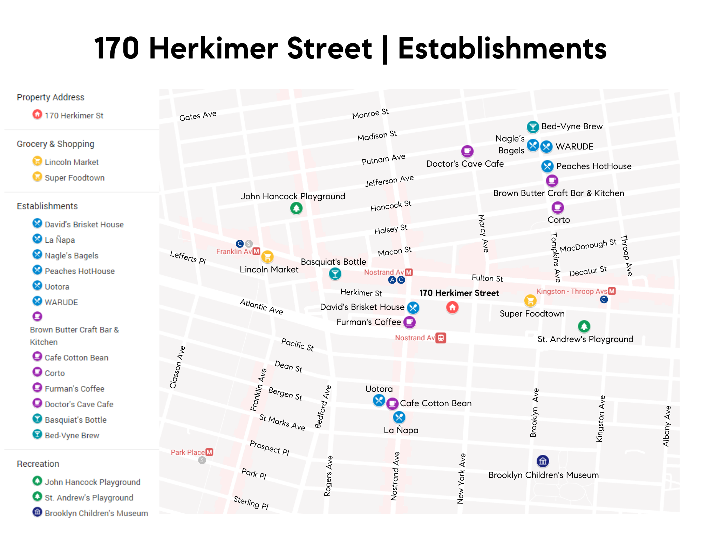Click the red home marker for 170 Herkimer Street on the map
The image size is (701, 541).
click(x=452, y=307)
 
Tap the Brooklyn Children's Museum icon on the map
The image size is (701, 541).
click(x=543, y=461)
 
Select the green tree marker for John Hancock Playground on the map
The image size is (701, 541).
click(x=296, y=208)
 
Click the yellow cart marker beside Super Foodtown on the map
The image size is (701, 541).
click(x=530, y=300)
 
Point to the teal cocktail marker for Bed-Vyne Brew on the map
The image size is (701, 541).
click(x=533, y=127)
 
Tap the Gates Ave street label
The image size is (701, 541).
click(x=198, y=116)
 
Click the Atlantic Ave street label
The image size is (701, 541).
click(x=261, y=307)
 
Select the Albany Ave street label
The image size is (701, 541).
click(x=667, y=426)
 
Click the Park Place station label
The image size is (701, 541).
click(x=188, y=452)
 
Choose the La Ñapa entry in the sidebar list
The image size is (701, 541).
click(x=60, y=240)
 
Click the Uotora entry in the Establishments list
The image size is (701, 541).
click(x=57, y=287)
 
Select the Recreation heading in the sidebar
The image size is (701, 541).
click(x=38, y=464)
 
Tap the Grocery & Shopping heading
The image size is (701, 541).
click(x=55, y=144)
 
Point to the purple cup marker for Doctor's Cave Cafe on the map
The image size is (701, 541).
click(x=467, y=151)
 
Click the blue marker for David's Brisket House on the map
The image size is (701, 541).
click(x=413, y=307)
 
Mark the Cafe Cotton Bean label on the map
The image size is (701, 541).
click(x=436, y=403)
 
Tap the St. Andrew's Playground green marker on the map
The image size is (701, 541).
click(x=584, y=326)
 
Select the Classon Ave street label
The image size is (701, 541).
click(x=177, y=367)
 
